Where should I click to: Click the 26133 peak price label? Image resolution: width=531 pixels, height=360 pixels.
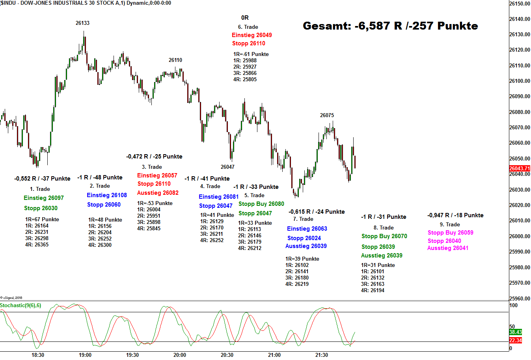82,23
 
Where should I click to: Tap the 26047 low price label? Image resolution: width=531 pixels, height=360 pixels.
227,167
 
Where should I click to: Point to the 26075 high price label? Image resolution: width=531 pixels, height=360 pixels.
327,115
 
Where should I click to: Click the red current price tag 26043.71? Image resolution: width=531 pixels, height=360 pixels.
519,168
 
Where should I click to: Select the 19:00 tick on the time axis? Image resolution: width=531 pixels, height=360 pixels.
85,355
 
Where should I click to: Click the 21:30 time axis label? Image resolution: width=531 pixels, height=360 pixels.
322,355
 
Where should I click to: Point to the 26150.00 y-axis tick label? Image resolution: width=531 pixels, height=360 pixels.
520,4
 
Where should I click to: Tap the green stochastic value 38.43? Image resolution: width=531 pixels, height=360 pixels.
515,332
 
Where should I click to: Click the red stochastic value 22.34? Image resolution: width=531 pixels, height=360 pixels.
515,340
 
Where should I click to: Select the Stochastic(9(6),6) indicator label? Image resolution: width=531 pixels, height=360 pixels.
20,306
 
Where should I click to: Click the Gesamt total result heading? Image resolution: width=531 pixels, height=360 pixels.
390,26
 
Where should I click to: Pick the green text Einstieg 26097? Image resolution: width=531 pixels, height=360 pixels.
44,198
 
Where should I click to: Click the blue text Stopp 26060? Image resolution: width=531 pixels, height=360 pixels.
104,205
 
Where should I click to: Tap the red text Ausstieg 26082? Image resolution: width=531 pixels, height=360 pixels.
158,193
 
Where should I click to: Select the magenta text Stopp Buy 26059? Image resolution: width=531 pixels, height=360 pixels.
451,233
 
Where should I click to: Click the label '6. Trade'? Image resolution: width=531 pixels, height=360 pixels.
248,27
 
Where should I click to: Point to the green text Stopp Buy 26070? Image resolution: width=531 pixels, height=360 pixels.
384,236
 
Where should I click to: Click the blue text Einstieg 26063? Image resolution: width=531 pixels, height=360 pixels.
307,229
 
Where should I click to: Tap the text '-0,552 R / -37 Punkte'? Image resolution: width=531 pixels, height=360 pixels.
42,179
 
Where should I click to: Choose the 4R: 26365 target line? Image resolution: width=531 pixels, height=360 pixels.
37,245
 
